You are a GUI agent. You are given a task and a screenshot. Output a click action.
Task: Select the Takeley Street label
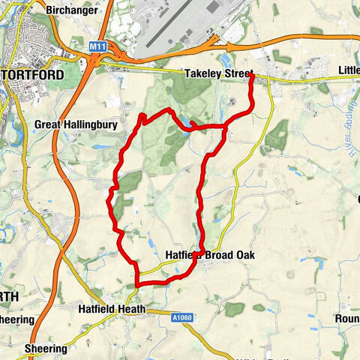click(218, 73)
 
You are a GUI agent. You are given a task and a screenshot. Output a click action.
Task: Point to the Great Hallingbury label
click(76, 125)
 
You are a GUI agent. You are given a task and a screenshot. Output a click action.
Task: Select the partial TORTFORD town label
click(37, 75)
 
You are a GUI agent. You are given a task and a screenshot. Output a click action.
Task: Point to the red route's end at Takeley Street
click(250, 75)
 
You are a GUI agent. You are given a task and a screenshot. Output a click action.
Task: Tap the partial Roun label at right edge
click(348, 318)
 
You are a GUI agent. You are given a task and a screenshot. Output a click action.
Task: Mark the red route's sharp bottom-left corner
click(136, 284)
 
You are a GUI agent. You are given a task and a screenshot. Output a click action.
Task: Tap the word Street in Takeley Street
click(236, 73)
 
